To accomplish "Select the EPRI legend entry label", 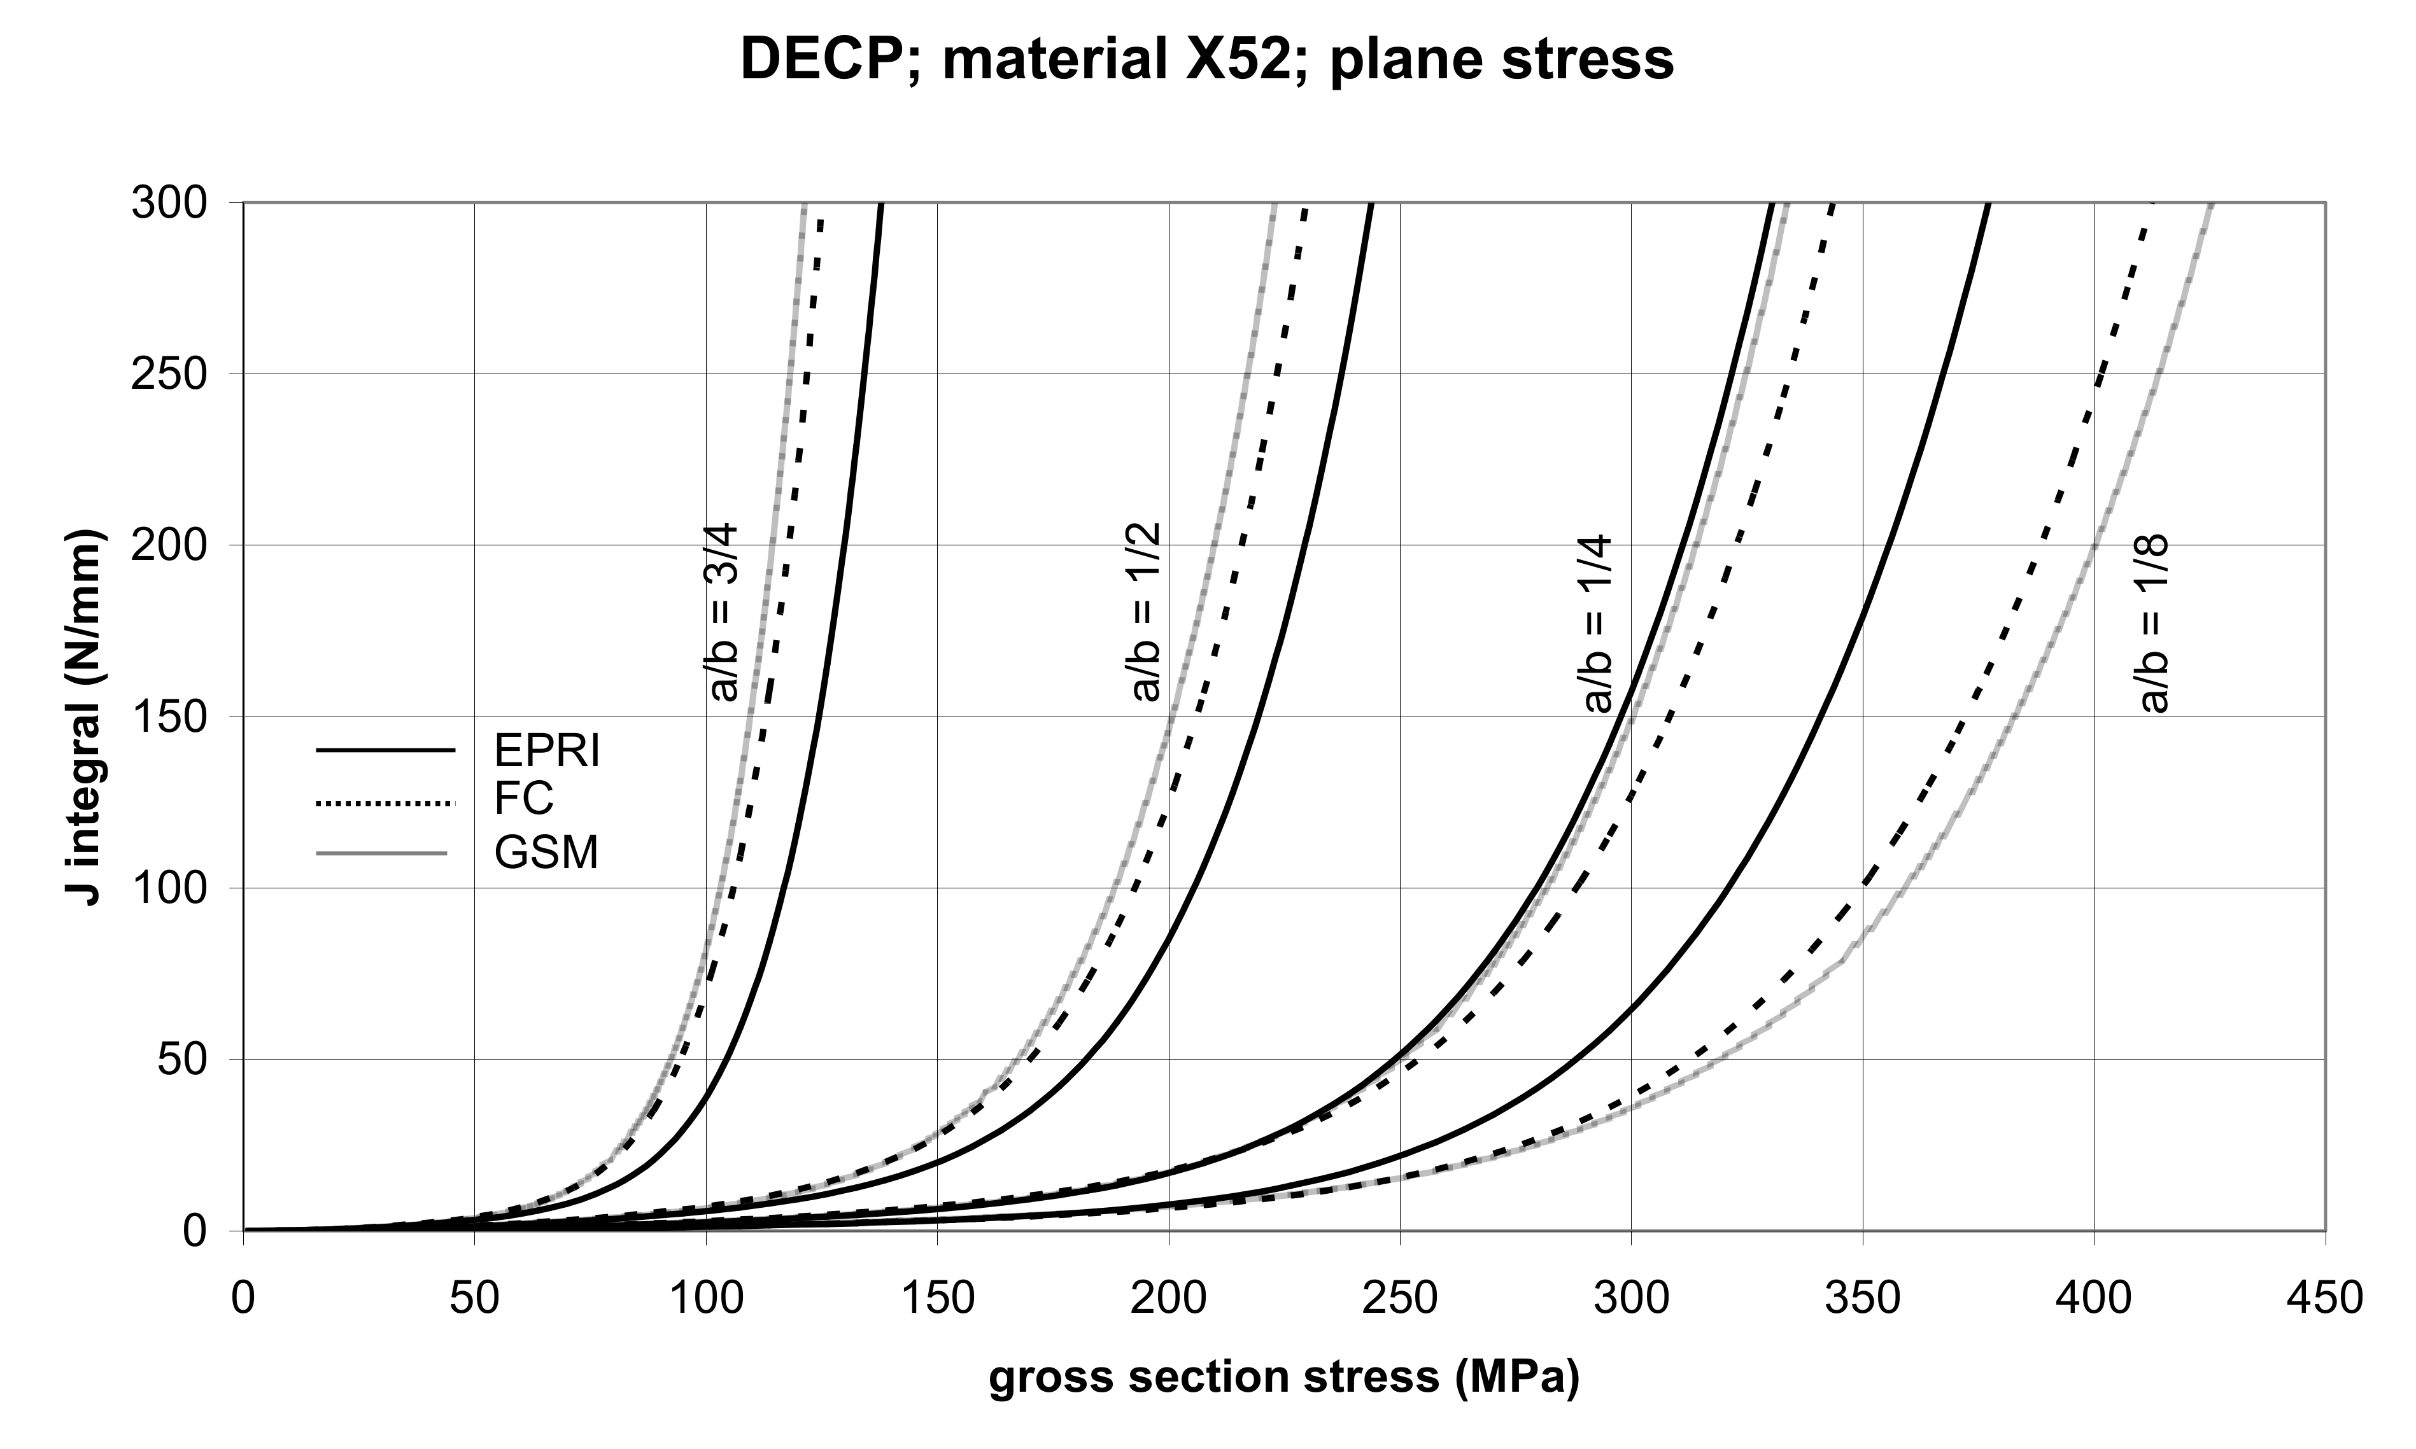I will [546, 751].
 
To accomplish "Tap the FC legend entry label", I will [523, 800].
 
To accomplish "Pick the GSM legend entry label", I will [546, 853].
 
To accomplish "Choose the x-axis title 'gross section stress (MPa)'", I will [1284, 1376].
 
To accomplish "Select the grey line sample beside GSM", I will [381, 855].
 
